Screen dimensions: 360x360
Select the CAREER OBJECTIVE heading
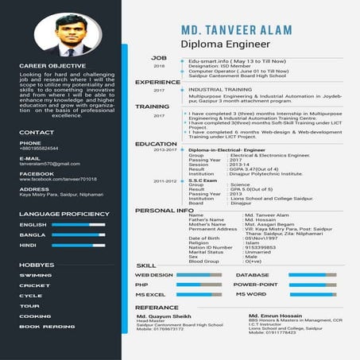[x=52, y=66]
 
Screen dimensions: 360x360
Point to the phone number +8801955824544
[x=39, y=149]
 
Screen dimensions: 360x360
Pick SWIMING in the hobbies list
[x=36, y=275]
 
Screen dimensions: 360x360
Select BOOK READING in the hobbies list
[x=47, y=327]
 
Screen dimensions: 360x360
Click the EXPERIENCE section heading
[x=157, y=83]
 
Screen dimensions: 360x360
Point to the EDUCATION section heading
[x=156, y=144]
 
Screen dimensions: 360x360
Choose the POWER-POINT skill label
[x=256, y=284]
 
